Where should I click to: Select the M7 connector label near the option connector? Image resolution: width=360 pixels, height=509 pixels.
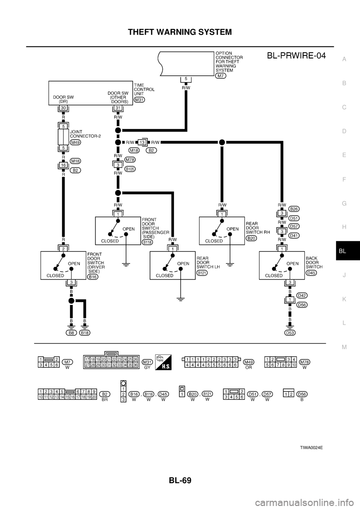pyautogui.click(x=220, y=76)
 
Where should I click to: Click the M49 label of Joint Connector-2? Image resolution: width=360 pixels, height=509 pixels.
pyautogui.click(x=75, y=142)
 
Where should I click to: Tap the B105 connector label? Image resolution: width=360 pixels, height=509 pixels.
pyautogui.click(x=130, y=169)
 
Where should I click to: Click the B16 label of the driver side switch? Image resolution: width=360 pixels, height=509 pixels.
pyautogui.click(x=92, y=277)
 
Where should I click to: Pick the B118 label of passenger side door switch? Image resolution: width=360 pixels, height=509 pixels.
pyautogui.click(x=147, y=242)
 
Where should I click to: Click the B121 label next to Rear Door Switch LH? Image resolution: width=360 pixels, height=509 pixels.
pyautogui.click(x=202, y=273)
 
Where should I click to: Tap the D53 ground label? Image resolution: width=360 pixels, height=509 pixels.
pyautogui.click(x=289, y=332)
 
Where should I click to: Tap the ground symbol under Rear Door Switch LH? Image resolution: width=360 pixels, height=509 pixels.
pyautogui.click(x=181, y=299)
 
